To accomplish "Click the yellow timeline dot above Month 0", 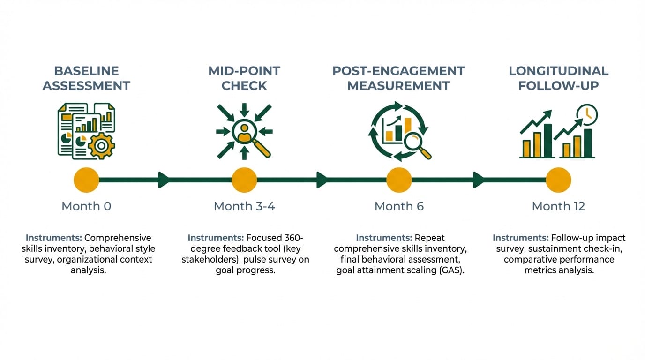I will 87,180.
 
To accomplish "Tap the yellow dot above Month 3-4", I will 244,180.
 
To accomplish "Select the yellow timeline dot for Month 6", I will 399,180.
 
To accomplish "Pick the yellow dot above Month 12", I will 558,180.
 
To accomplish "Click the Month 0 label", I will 87,206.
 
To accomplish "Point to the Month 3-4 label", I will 244,206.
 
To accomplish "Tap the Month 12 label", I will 558,206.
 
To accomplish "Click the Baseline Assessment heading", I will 87,78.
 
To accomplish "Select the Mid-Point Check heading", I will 244,78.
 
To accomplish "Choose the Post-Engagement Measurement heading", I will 398,78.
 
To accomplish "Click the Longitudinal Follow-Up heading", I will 558,78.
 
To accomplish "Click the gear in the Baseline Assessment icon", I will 101,145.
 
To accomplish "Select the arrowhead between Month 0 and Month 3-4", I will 164,180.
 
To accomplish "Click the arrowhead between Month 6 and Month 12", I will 479,180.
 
